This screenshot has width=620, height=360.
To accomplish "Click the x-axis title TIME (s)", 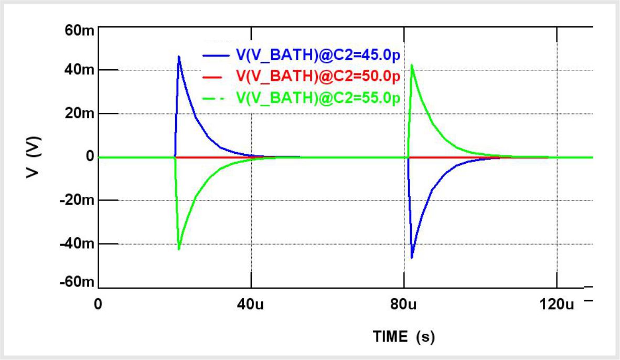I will pos(403,336).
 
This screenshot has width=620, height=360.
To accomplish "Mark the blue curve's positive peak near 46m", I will pos(179,56).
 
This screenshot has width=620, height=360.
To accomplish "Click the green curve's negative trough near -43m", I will pos(179,249).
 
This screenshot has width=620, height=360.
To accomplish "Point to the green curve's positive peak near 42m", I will pos(412,65).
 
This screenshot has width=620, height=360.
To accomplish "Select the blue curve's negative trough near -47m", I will pos(412,258).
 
